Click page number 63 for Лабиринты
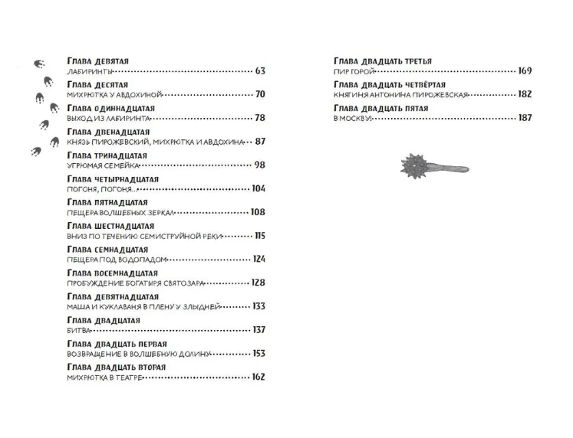pos(260,71)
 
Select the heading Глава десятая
pos(97,83)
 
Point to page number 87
pos(260,142)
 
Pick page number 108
pos(258,212)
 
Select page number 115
pos(259,236)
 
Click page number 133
pos(259,306)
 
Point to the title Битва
pos(80,330)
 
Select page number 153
pos(259,353)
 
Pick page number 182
pos(525,95)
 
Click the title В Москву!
pos(352,119)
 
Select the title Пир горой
pos(354,71)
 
